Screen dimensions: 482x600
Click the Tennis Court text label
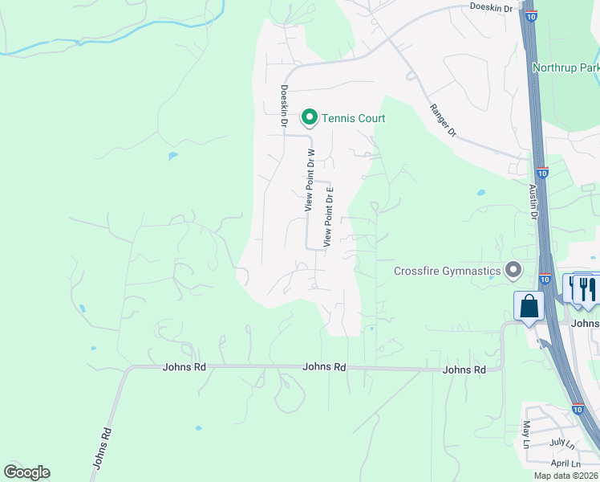(x=354, y=119)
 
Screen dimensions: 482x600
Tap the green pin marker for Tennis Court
(x=309, y=118)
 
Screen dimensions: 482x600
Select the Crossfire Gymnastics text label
(x=447, y=271)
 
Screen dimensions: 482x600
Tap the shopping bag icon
(x=529, y=307)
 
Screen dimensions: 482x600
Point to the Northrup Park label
(x=567, y=68)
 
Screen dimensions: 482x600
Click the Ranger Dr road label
(x=442, y=120)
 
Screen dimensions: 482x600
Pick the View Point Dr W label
(x=310, y=180)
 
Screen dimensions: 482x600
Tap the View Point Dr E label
(x=328, y=217)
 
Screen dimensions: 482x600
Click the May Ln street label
(x=526, y=435)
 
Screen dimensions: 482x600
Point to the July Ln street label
(x=562, y=443)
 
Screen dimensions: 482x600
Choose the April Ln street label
(x=565, y=464)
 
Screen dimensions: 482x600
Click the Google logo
(x=26, y=472)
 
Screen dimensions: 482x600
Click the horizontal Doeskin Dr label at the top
(x=491, y=6)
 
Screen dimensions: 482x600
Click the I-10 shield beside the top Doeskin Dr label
(x=531, y=15)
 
